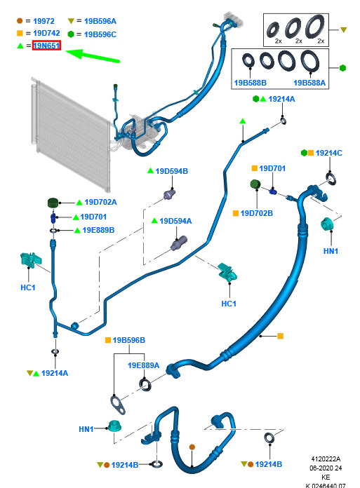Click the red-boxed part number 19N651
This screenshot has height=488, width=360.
(46, 46)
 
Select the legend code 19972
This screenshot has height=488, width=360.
(44, 21)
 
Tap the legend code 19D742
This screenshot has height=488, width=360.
(46, 33)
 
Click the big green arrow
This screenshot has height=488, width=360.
(93, 56)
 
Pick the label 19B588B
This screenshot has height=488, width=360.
(251, 83)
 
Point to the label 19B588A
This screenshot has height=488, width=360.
(309, 83)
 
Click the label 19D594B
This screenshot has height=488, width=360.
(172, 171)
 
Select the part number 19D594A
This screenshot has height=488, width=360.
(175, 221)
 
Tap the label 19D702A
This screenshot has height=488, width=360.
(100, 203)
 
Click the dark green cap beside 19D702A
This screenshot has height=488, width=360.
(53, 203)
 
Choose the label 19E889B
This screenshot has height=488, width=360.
(98, 230)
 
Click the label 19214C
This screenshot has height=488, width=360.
(329, 153)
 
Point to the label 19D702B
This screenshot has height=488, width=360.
(257, 213)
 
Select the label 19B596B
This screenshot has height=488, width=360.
(129, 340)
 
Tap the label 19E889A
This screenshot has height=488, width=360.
(144, 365)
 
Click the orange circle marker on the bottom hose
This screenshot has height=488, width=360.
(192, 447)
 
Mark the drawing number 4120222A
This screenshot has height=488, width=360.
(326, 459)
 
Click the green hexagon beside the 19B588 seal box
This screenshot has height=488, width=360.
(342, 68)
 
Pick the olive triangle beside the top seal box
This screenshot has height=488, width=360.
(343, 30)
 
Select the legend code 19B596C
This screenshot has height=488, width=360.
(100, 34)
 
